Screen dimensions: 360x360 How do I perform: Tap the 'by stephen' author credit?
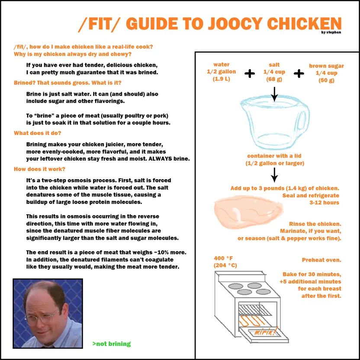click(x=331, y=32)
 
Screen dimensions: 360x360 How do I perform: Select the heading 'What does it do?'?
click(x=37, y=133)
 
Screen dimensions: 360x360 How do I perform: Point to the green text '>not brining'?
click(x=111, y=344)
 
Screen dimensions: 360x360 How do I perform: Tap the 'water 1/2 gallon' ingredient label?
click(x=222, y=72)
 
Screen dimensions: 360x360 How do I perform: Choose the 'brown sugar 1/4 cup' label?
click(x=326, y=73)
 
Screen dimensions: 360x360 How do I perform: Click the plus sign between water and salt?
click(x=249, y=74)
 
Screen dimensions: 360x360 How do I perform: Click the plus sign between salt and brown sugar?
click(x=299, y=74)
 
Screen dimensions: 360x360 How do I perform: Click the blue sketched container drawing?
click(x=274, y=123)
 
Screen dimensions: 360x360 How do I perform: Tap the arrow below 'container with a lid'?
click(x=274, y=174)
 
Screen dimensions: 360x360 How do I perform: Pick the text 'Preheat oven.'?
click(x=321, y=260)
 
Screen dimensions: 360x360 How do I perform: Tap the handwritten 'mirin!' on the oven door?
click(x=263, y=331)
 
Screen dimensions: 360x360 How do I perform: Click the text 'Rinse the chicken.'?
click(x=315, y=224)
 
